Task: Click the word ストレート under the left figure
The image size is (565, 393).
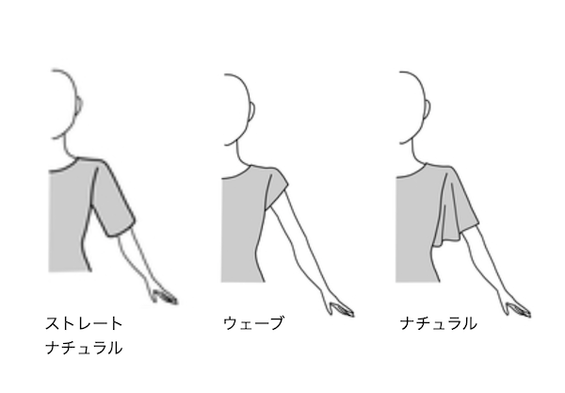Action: point(84,323)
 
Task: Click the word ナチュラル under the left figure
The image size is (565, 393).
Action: point(84,348)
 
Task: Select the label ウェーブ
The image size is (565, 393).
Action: point(252,323)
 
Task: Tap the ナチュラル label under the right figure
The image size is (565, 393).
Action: point(438,323)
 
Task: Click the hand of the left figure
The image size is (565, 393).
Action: point(162,294)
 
